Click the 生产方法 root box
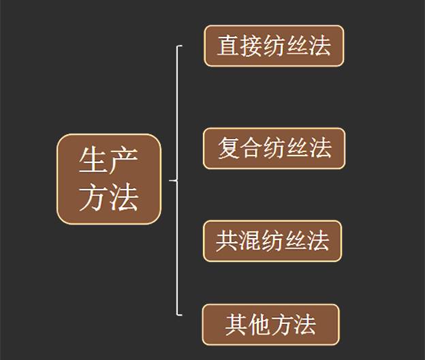(x=109, y=179)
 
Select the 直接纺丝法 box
(x=274, y=46)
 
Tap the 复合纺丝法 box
(x=274, y=148)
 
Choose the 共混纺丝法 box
(x=272, y=241)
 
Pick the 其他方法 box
(x=270, y=324)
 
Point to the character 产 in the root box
(x=125, y=162)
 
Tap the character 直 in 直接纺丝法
(x=228, y=46)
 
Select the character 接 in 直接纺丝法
(x=251, y=46)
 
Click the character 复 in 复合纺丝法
(x=229, y=148)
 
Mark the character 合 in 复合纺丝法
(x=251, y=148)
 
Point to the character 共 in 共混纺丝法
(x=227, y=241)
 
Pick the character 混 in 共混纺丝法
(x=249, y=241)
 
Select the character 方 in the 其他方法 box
(x=282, y=325)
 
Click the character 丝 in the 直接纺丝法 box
(x=297, y=46)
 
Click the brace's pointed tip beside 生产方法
(x=170, y=181)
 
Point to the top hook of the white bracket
(x=180, y=46)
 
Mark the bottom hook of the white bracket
(x=180, y=315)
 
